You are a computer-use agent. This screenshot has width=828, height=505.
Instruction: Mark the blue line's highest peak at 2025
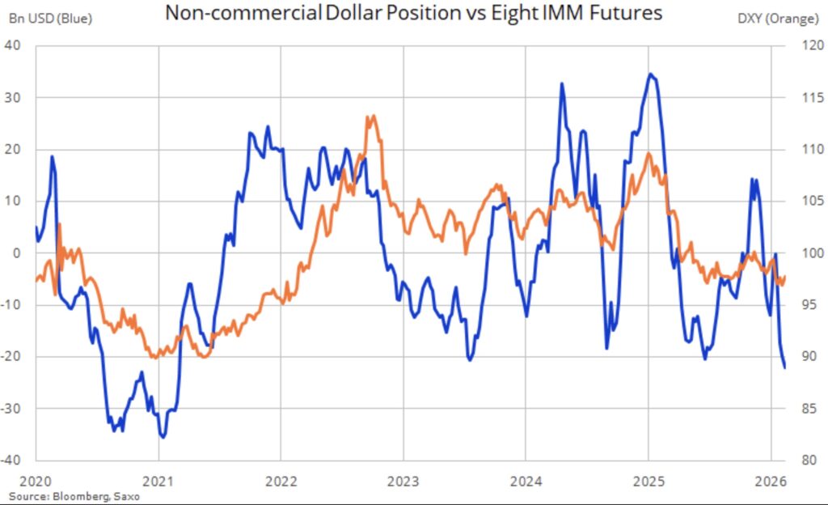pyautogui.click(x=650, y=74)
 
